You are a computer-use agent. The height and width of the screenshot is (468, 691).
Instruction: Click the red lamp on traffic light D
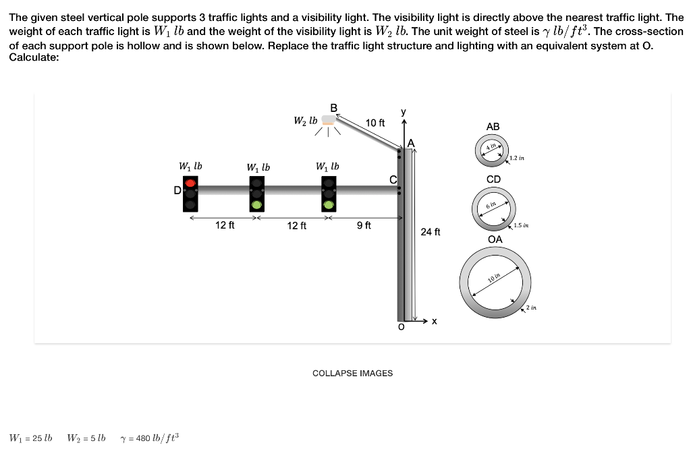(190, 183)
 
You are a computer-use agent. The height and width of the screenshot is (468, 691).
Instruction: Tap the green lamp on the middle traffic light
(256, 204)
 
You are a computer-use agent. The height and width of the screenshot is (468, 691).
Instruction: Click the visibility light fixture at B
(328, 121)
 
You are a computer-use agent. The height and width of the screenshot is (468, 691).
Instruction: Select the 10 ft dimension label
(375, 123)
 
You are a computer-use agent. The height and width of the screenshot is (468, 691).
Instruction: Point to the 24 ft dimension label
(430, 232)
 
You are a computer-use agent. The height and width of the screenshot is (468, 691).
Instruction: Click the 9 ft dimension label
(364, 225)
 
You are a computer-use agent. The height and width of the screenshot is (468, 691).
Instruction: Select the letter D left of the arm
(177, 191)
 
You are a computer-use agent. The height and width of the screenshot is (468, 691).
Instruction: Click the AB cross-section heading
(493, 127)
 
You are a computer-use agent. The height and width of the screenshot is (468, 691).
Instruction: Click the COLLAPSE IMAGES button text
(352, 373)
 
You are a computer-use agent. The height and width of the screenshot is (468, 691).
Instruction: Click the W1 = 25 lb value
(30, 438)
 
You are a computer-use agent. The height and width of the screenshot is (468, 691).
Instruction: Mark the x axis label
(435, 322)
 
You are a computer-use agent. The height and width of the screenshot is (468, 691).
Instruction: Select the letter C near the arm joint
(393, 179)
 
